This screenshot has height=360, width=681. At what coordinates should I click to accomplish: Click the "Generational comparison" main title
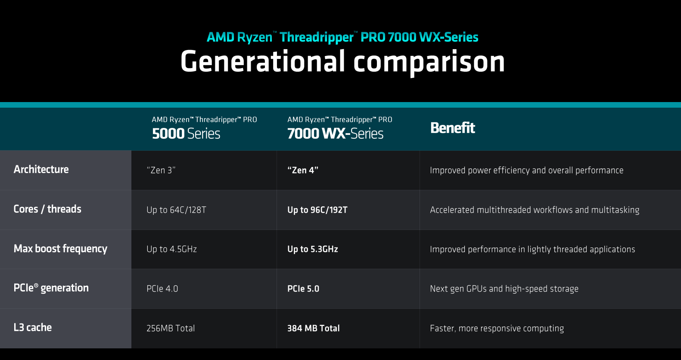coord(342,62)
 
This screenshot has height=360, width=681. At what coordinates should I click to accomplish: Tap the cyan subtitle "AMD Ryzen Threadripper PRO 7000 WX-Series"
coord(342,37)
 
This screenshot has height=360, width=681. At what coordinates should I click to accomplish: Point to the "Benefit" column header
coord(453,128)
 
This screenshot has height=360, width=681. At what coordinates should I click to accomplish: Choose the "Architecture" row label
coord(41,169)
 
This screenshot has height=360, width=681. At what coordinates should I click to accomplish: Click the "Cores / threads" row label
coord(47,209)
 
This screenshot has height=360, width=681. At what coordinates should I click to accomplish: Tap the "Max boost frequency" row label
coord(60,249)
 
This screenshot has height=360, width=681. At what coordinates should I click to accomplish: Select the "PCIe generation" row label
coord(51,288)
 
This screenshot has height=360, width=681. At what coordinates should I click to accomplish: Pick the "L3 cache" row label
coord(33,327)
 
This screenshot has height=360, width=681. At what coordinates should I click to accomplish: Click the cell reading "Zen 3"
coord(161,170)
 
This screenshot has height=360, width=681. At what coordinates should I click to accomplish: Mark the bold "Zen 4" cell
coord(303,170)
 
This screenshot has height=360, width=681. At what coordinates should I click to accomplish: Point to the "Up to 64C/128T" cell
coord(176,210)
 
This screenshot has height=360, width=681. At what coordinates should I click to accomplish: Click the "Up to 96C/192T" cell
coord(317,210)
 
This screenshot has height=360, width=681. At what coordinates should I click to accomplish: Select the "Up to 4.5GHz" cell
coord(172,249)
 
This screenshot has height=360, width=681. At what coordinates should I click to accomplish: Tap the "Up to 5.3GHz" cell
coord(313,249)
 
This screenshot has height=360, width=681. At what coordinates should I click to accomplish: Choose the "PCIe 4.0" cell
coord(162,289)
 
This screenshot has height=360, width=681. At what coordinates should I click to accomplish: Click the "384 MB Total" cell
coord(314,328)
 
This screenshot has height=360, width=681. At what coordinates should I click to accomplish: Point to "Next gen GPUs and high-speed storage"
coord(504,289)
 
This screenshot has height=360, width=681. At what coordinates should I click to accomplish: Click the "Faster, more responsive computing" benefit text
coord(497,329)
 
